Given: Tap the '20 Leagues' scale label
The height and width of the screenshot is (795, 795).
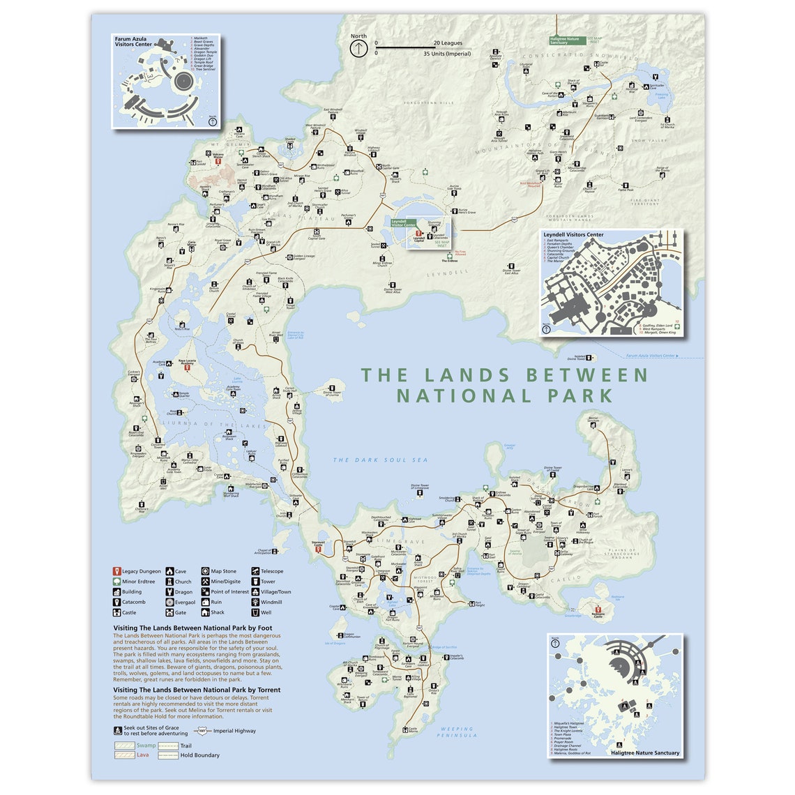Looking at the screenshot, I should coord(448,43).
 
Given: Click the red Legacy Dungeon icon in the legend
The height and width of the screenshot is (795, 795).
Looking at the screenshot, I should coord(116,571).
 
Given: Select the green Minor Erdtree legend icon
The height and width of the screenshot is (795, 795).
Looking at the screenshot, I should coord(116,582).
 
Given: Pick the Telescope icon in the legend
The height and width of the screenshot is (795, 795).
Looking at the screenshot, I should coord(256,571).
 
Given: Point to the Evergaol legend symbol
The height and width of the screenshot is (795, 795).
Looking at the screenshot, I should coord(169,602).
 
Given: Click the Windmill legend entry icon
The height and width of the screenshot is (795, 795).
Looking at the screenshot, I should coord(256,602).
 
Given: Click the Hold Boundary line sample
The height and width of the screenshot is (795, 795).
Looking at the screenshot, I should coord(168,755).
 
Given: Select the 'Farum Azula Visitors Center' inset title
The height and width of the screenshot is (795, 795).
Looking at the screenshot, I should coord(133,42).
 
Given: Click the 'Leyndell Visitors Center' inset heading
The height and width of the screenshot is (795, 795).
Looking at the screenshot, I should coord(573,235).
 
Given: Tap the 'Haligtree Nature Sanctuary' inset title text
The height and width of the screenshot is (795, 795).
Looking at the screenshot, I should coord(644,752).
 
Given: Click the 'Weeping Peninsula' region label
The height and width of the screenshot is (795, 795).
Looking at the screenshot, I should coord(457,732).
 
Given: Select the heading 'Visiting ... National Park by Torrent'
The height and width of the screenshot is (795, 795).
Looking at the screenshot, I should coord(197,690).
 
